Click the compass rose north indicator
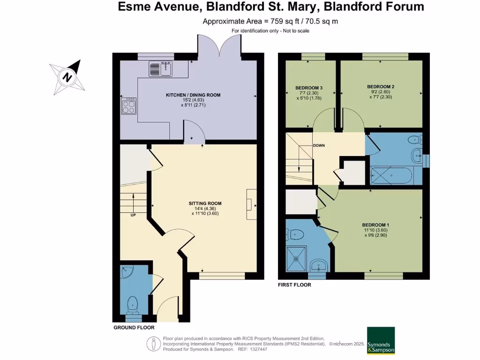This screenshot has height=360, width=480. click(x=68, y=77)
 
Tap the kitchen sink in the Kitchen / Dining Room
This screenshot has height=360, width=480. click(x=161, y=69)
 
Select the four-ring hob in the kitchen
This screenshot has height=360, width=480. click(x=128, y=106)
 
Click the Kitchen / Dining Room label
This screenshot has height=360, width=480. click(x=193, y=95)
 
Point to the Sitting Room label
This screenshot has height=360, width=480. click(x=205, y=203)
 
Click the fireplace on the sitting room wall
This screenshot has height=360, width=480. click(x=251, y=204)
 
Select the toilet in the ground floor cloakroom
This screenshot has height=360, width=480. click(x=133, y=304)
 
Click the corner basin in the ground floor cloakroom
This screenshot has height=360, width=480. click(x=127, y=272)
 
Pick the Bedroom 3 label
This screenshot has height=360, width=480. click(x=308, y=88)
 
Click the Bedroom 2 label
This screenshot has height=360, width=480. click(x=380, y=87)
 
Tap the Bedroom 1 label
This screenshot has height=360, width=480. click(x=375, y=225)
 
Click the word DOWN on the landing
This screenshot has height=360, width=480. click(x=319, y=145)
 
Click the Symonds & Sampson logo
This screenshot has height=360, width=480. click(x=381, y=340)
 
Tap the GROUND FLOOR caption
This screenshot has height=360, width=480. click(x=134, y=328)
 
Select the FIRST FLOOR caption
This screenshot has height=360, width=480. click(x=294, y=285)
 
